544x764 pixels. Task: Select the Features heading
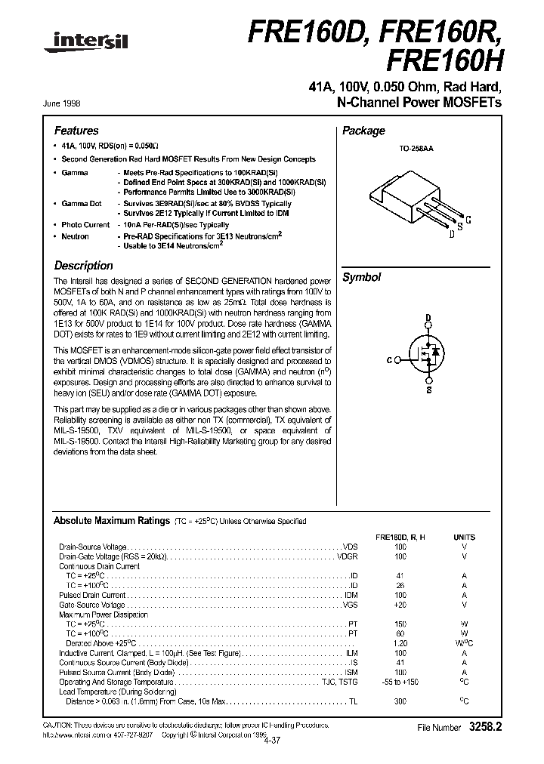coord(76,131)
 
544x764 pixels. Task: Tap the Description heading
coord(83,266)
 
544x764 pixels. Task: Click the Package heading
coord(363,131)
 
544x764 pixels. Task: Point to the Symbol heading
coord(362,277)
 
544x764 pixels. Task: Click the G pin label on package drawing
coord(468,220)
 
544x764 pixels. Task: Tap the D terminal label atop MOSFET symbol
coord(428,318)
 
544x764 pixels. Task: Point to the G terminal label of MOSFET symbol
coord(389,360)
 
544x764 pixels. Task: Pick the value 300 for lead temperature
coord(400,701)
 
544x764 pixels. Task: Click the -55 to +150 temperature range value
coord(400,682)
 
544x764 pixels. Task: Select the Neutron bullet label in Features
coord(76,236)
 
